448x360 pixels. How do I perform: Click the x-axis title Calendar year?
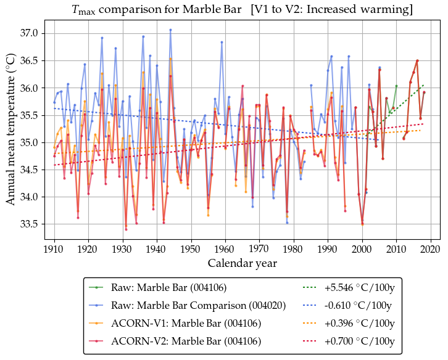242,263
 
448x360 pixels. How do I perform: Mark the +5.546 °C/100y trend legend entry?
357,287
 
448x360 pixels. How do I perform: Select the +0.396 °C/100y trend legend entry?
357,323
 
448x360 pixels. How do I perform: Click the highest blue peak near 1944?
170,30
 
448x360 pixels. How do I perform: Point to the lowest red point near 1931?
126,229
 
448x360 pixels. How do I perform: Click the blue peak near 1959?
222,42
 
